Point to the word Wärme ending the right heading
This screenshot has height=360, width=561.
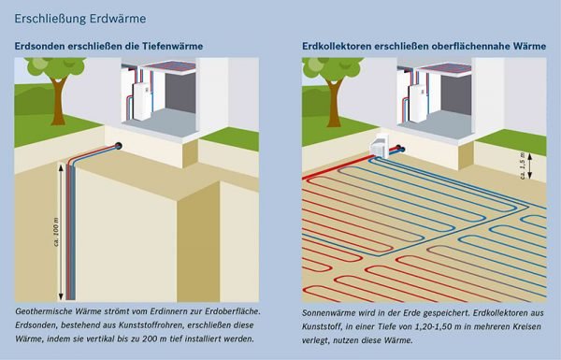(527, 46)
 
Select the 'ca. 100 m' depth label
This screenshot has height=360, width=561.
(54, 228)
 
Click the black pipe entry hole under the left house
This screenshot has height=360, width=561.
(121, 145)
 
